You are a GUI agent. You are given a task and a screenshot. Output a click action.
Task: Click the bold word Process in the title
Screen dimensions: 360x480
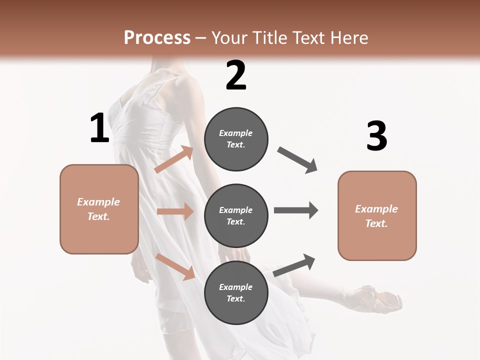pos(157,37)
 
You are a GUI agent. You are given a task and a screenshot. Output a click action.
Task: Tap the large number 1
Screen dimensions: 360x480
pos(99,128)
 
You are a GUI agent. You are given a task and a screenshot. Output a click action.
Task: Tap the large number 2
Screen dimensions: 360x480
pos(236,75)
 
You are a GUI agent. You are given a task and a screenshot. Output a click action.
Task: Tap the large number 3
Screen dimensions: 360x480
pos(376,136)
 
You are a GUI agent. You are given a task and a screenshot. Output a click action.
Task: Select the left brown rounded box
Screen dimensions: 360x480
pos(99,209)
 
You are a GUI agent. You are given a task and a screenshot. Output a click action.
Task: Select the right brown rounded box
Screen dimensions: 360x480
pos(377,215)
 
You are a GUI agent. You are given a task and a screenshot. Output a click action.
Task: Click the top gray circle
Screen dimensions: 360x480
pos(236,139)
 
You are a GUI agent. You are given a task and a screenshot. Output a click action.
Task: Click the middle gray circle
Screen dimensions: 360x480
pos(236,216)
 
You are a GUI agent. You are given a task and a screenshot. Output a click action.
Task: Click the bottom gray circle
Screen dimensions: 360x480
pos(236,293)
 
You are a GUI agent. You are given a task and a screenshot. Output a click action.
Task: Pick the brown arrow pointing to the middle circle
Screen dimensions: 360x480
pos(175,211)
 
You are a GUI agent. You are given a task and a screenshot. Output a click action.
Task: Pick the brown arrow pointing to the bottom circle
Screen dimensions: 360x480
pos(175,266)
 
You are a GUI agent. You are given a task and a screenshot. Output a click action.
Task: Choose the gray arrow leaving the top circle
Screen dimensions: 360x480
pos(297,160)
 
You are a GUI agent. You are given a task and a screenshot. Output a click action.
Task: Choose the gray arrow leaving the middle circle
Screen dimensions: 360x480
pos(296,210)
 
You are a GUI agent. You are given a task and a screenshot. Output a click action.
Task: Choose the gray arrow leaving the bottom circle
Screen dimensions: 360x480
pos(294,265)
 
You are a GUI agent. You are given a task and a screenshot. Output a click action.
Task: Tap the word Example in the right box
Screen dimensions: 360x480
pos(376,209)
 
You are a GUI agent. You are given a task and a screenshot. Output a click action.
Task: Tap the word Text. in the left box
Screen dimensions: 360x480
pos(98,216)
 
